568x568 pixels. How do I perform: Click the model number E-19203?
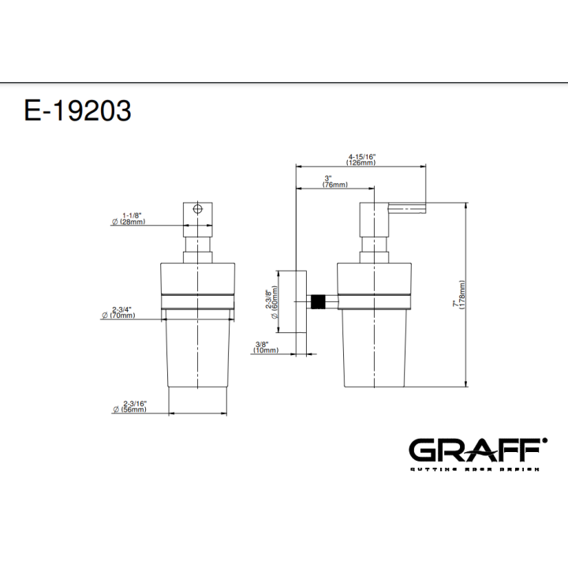click(x=77, y=110)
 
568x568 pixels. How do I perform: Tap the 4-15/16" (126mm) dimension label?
click(x=361, y=159)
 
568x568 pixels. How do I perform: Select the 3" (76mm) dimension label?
click(x=334, y=181)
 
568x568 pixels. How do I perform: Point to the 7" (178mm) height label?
click(x=459, y=294)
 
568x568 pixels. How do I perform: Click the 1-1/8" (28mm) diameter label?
click(x=129, y=219)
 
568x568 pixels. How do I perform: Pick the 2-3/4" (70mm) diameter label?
click(x=118, y=312)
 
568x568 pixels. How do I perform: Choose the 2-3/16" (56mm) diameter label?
click(x=129, y=406)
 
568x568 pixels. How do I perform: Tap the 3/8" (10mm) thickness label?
click(x=267, y=347)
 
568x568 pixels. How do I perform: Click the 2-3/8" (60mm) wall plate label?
click(x=272, y=301)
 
